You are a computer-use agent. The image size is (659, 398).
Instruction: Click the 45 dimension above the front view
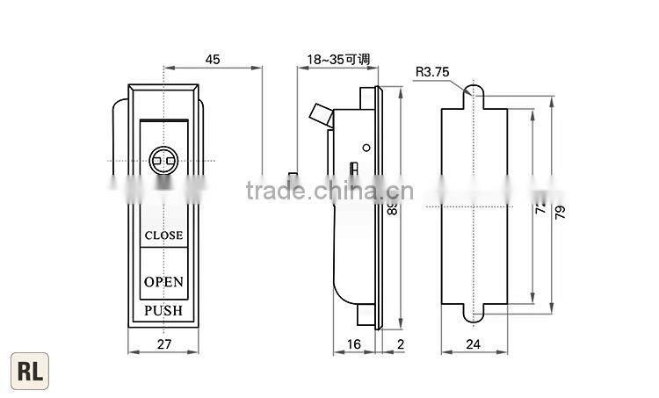(x=213, y=60)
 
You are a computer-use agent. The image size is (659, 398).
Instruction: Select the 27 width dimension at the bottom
(x=164, y=346)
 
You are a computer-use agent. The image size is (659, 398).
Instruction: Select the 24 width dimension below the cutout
(x=473, y=346)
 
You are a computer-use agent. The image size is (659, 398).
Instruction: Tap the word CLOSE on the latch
(x=163, y=235)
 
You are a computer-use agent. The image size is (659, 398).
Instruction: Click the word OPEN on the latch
(x=163, y=282)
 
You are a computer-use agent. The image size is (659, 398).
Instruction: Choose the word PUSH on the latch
(x=163, y=311)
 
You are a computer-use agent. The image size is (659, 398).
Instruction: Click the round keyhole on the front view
(x=163, y=160)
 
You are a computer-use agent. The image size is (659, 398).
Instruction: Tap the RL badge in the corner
(x=28, y=370)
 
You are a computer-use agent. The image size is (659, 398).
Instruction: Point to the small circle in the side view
(x=366, y=146)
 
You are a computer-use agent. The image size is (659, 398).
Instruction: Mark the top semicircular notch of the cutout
(x=474, y=91)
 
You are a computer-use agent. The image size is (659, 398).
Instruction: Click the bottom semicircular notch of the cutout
(x=474, y=314)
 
